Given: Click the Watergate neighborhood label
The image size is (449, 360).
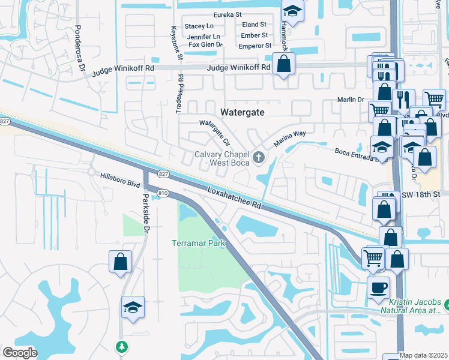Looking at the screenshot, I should point(246,112).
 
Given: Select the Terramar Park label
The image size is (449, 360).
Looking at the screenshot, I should point(198,243).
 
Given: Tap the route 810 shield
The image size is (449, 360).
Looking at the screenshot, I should point(163,193).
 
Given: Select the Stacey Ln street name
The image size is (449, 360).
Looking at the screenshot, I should point(199,26).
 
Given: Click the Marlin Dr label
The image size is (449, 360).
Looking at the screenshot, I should point(352,100).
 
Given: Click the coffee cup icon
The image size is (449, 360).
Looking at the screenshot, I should point(378,287).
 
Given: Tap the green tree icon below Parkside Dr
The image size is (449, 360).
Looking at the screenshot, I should point(122,346).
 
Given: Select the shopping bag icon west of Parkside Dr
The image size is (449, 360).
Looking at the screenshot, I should point(120,262).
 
